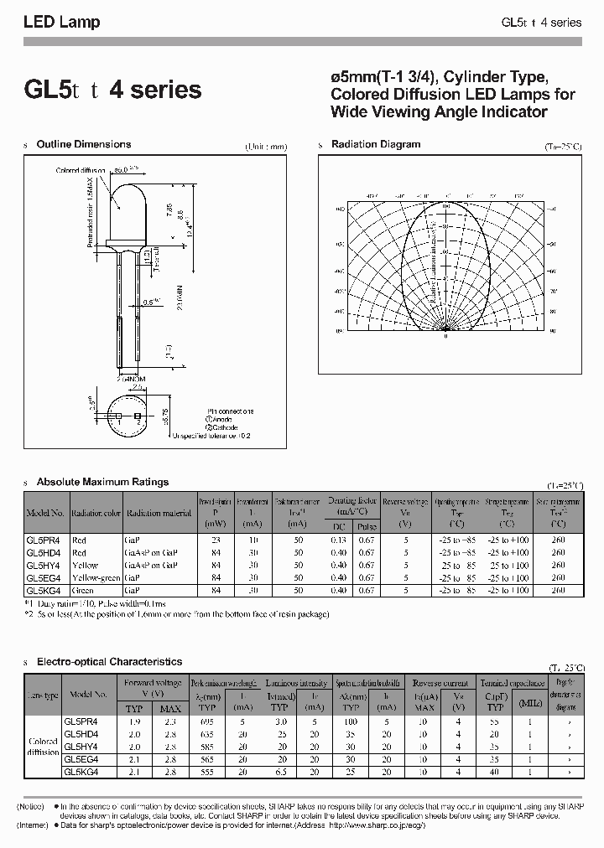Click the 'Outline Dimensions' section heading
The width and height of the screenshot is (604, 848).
point(84,145)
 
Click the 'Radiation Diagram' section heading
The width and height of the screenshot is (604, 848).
point(376,145)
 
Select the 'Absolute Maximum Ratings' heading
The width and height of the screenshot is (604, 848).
point(102,482)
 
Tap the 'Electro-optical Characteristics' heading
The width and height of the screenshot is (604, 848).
point(109,662)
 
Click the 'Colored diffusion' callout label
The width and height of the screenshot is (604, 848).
point(81,170)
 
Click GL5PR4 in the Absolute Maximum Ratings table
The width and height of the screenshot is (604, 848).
point(44,540)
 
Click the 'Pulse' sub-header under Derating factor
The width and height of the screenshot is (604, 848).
point(367,527)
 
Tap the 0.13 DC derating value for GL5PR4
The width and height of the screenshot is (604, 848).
point(338,540)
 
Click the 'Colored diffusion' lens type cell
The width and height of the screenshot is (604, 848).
point(43,746)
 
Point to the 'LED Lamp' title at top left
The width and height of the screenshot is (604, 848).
point(61,23)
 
